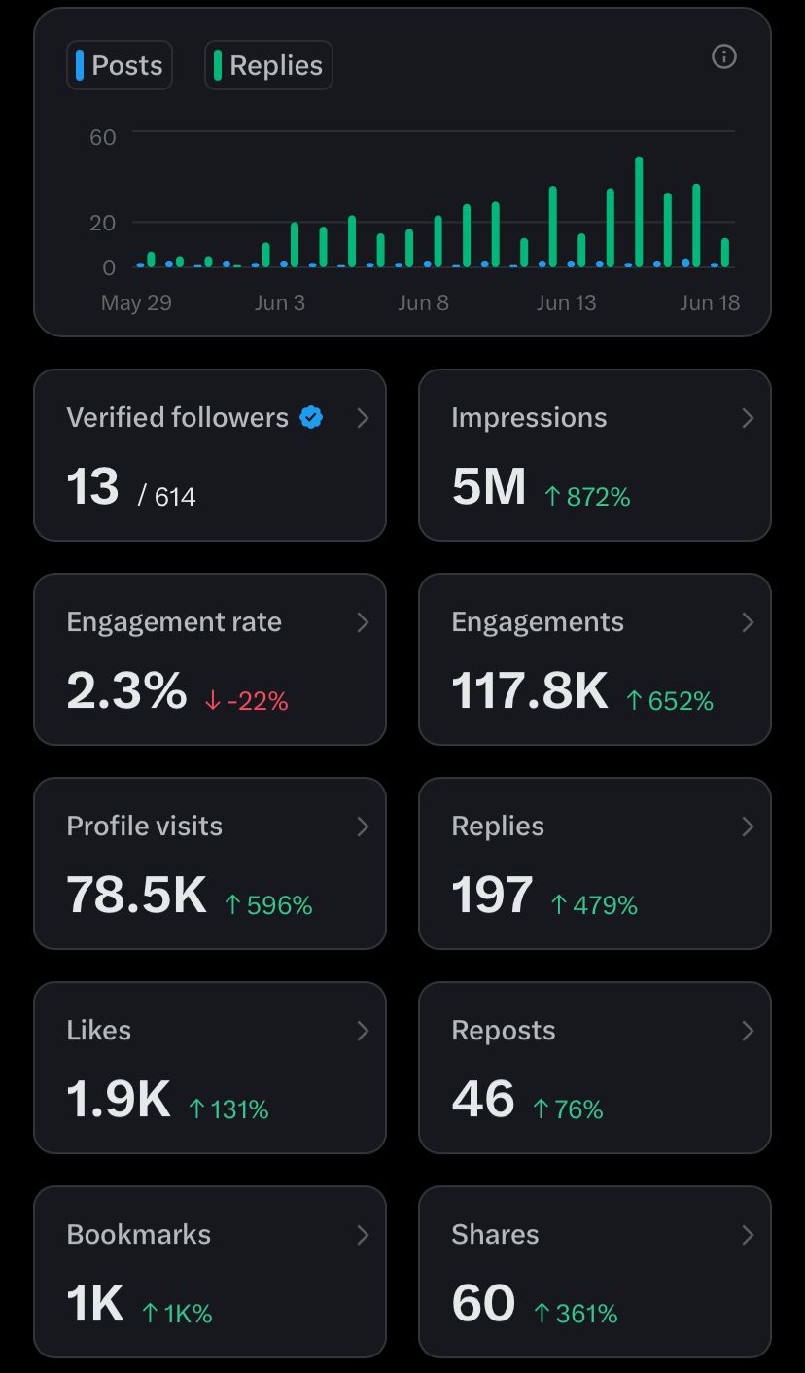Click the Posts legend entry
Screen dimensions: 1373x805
tap(120, 65)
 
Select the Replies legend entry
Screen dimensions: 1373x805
tap(268, 65)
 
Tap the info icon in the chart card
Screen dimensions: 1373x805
tap(724, 56)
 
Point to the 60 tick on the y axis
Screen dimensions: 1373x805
tap(103, 137)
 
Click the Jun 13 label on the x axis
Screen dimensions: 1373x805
tap(566, 302)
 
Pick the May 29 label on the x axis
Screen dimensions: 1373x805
tap(136, 302)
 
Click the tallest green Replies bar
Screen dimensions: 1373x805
tap(639, 210)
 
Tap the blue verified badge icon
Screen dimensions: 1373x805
tap(311, 417)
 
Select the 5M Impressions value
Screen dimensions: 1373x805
tap(489, 486)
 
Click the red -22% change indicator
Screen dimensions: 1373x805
tap(247, 701)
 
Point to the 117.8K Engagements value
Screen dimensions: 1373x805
tap(530, 690)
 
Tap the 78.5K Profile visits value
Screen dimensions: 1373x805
tap(136, 895)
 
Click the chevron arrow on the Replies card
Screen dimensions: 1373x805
tap(748, 827)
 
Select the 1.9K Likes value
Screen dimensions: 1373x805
tap(119, 1099)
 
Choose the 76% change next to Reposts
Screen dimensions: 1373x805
tap(568, 1109)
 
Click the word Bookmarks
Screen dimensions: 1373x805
tap(139, 1234)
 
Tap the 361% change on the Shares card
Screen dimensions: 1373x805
tap(576, 1314)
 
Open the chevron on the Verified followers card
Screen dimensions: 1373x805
tap(363, 418)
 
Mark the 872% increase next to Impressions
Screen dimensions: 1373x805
tap(587, 497)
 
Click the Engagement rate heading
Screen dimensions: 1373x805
tap(174, 621)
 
